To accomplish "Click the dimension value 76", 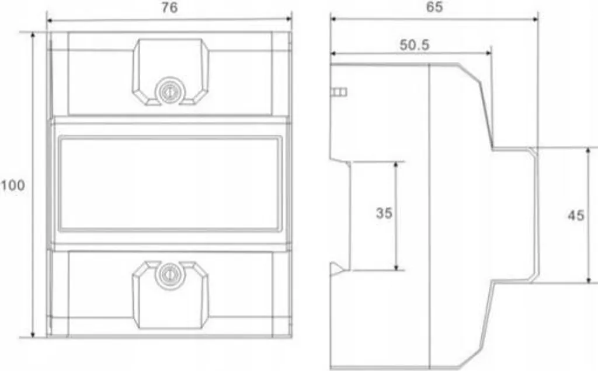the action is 169,8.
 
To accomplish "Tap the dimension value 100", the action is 13,185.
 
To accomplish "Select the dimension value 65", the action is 434,7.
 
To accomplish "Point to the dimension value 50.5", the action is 414,45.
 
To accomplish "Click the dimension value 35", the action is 384,213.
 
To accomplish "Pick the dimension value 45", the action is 576,216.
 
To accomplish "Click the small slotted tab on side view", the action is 339,92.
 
